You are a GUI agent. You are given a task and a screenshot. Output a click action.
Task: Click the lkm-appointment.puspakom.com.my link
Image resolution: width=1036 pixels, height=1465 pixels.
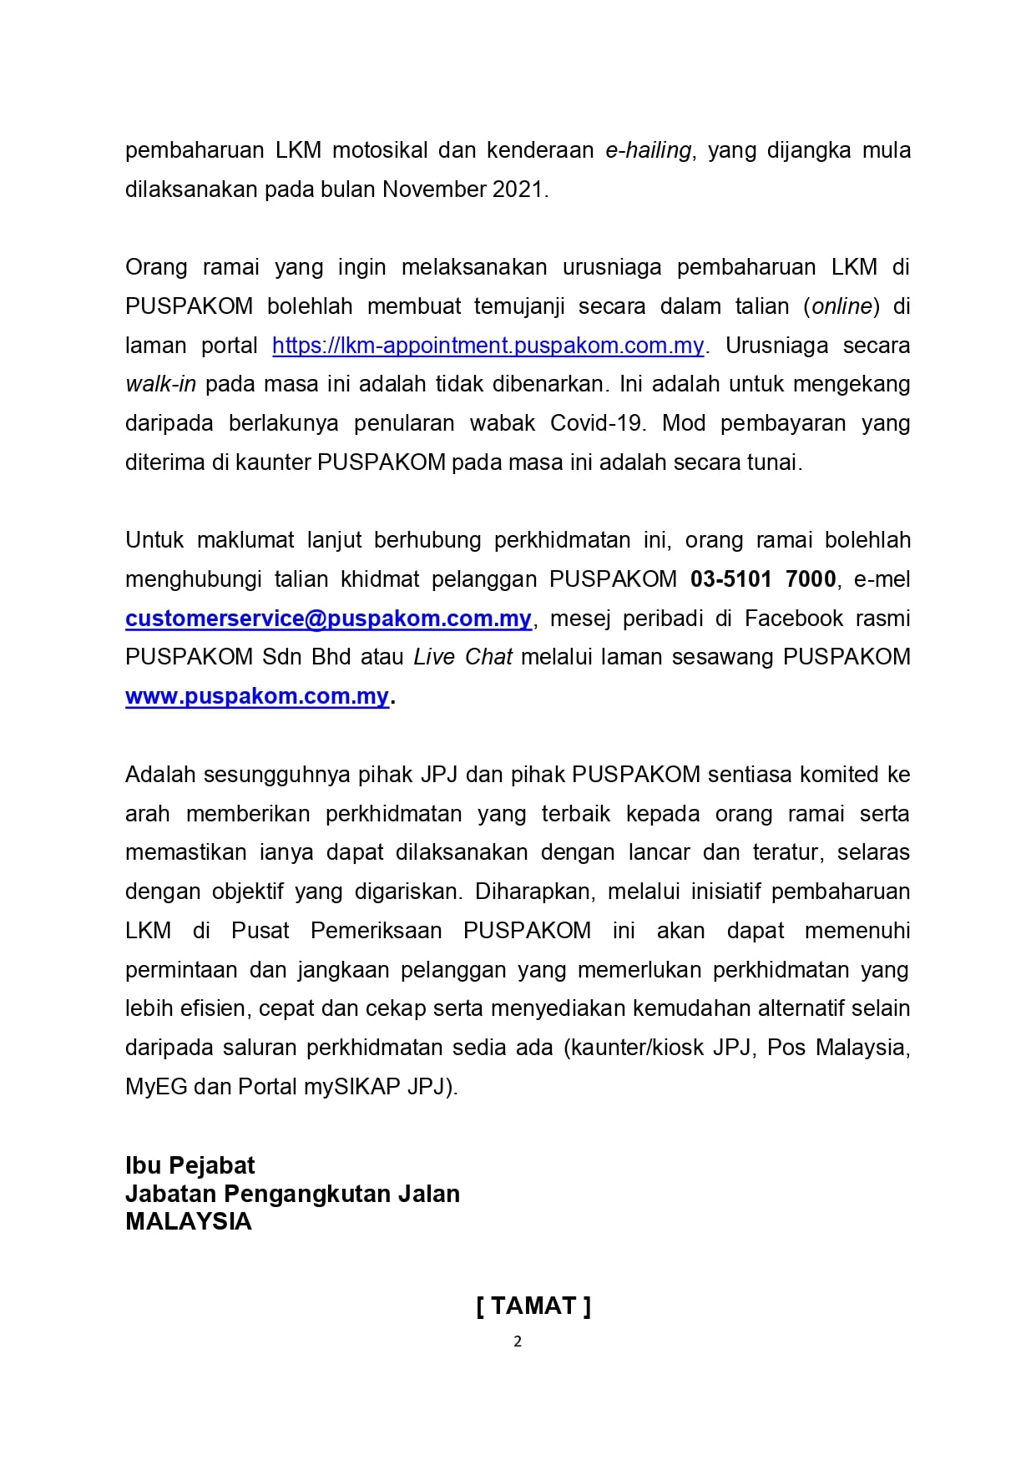click(488, 346)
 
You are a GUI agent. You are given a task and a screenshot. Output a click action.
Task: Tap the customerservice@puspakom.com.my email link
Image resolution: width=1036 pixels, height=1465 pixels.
click(328, 619)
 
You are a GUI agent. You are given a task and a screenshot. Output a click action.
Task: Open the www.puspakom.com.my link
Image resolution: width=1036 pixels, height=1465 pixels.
click(257, 696)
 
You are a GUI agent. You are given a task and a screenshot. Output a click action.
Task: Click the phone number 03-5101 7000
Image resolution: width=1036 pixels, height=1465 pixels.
click(763, 579)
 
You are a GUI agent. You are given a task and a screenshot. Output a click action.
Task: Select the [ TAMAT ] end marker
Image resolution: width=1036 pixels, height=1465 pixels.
click(533, 1306)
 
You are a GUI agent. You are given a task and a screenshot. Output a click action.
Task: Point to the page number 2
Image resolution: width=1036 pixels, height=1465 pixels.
click(518, 1341)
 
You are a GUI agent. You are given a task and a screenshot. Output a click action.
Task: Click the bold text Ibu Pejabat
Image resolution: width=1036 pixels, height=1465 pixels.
click(190, 1165)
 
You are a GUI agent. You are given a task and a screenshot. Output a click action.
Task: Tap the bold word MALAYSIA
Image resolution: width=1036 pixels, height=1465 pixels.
click(188, 1221)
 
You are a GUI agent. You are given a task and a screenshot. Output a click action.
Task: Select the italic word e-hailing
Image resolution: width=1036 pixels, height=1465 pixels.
click(649, 150)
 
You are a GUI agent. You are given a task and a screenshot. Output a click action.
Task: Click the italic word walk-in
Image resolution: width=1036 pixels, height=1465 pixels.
click(160, 385)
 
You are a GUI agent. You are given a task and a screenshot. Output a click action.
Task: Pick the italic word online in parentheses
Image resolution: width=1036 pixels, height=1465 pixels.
click(841, 306)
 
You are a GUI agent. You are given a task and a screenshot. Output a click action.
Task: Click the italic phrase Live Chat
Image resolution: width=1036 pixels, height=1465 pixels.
click(462, 657)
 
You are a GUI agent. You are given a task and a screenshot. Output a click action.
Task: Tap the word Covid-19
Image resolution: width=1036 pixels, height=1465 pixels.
click(597, 423)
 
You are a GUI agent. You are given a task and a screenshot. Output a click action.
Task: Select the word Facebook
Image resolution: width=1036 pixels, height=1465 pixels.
click(794, 619)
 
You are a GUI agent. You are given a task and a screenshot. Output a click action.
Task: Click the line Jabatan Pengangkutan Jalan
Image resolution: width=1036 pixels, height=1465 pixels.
click(292, 1194)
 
